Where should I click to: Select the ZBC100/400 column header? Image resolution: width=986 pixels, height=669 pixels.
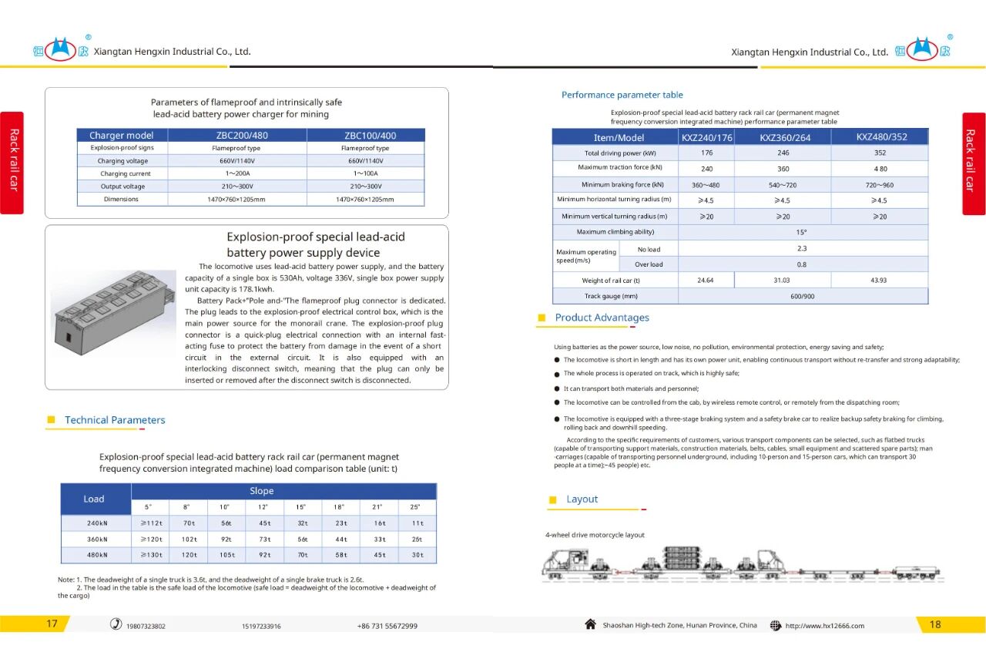pos(365,135)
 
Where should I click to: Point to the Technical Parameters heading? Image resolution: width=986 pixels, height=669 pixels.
pos(115,420)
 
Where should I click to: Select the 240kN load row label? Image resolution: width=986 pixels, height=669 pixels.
pos(96,523)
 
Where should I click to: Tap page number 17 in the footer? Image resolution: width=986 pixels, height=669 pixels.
pos(52,624)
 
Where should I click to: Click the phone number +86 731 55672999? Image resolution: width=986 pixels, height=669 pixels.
pos(387,626)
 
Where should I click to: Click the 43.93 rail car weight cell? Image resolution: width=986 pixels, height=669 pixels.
pos(879,281)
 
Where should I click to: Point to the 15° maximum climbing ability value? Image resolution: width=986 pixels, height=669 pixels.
pos(802,232)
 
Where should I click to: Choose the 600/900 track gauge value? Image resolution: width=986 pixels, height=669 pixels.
pos(802,296)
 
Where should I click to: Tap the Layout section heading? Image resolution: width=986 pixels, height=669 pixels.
pos(582,499)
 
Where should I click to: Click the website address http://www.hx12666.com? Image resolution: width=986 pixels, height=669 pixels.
pos(824,626)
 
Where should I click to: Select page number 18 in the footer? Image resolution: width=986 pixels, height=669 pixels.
pos(935,624)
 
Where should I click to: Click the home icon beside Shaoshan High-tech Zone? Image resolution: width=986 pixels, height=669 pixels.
pos(591,624)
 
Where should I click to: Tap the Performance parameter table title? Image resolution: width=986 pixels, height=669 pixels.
pos(622,95)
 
